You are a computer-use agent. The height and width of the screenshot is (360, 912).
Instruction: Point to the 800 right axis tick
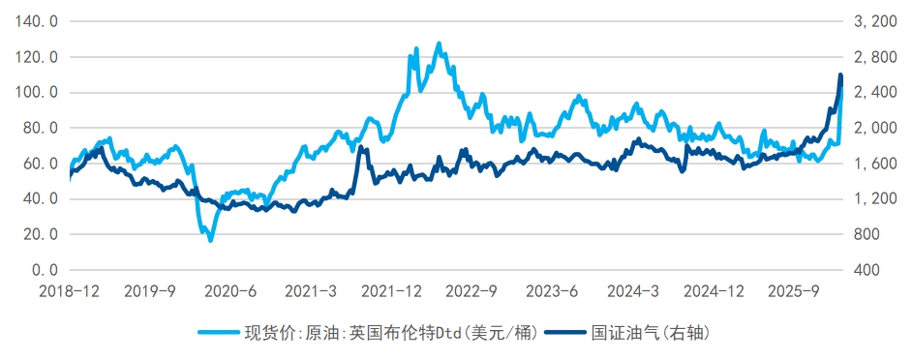867,234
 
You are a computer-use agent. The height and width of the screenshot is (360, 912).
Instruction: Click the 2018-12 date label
70,290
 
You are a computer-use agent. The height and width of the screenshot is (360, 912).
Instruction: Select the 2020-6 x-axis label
232,290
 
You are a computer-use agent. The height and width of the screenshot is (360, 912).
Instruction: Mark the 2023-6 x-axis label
552,290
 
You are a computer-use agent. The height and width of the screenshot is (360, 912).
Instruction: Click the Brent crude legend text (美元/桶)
387,333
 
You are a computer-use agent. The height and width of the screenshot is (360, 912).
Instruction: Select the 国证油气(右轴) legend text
653,333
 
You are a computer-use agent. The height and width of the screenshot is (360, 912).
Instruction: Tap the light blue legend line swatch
219,333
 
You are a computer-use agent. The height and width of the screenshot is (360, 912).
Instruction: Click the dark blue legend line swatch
565,333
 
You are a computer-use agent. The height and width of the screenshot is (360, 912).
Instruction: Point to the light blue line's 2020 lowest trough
210,239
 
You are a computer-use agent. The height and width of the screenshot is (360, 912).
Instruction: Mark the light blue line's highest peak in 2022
439,44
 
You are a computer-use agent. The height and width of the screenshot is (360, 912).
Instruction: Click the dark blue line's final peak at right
840,75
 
